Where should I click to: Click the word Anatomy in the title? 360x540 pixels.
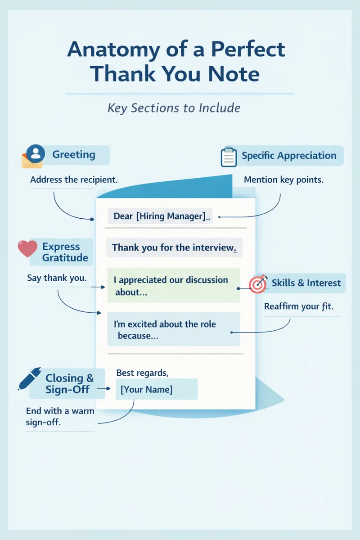113,50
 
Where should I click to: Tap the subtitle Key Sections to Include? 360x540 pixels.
174,108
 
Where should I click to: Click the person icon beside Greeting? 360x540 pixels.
36,153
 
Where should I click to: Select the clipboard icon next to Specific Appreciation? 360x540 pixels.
229,157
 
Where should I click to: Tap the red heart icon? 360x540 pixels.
27,248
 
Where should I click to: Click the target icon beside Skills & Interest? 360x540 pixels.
258,284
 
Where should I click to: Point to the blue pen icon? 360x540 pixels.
29,378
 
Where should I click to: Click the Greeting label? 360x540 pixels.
74,154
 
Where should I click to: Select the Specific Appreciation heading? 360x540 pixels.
289,156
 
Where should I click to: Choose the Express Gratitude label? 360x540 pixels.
65,252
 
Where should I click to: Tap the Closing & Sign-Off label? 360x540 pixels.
69,383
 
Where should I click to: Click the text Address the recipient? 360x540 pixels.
74,180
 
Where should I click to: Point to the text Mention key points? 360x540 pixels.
283,180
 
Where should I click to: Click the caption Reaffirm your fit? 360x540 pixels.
299,306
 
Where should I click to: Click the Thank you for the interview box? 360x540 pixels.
174,247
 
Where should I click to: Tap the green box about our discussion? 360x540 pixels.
174,285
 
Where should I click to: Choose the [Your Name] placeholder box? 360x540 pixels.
157,389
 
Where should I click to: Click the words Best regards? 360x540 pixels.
142,373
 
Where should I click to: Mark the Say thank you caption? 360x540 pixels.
57,278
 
